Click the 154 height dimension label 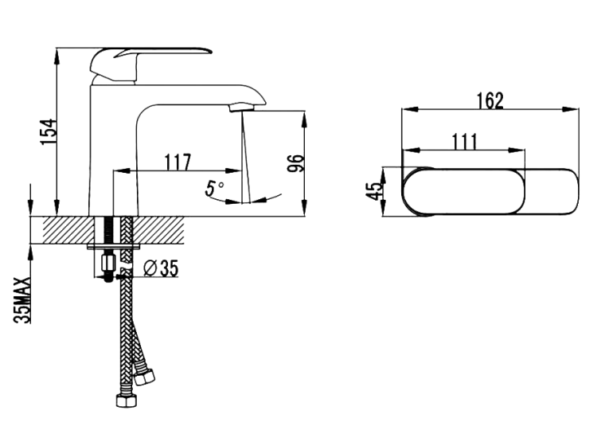click(49, 132)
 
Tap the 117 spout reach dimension click(178, 162)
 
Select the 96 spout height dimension click(295, 163)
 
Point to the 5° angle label click(214, 188)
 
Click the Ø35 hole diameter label click(161, 268)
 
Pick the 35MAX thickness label click(21, 300)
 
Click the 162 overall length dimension click(490, 100)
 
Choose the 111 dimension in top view click(465, 142)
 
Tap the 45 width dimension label click(374, 191)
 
